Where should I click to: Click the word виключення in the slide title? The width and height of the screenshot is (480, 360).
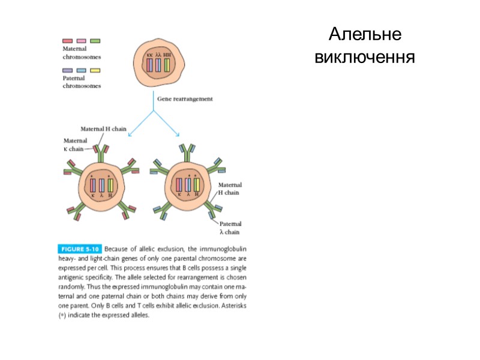[365, 58]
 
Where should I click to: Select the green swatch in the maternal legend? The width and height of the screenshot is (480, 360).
[95, 41]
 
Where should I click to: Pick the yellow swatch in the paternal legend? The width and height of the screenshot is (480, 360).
[95, 71]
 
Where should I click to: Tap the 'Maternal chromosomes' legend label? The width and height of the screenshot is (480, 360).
[82, 53]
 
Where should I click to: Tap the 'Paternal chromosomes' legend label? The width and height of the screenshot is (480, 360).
[82, 82]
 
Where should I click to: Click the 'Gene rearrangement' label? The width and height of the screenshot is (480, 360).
[184, 100]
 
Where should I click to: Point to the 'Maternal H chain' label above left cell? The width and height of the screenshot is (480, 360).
[104, 128]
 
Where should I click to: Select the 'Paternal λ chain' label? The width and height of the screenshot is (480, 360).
[230, 227]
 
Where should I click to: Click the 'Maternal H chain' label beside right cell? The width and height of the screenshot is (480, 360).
[229, 190]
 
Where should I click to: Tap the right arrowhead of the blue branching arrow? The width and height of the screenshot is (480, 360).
[178, 134]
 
